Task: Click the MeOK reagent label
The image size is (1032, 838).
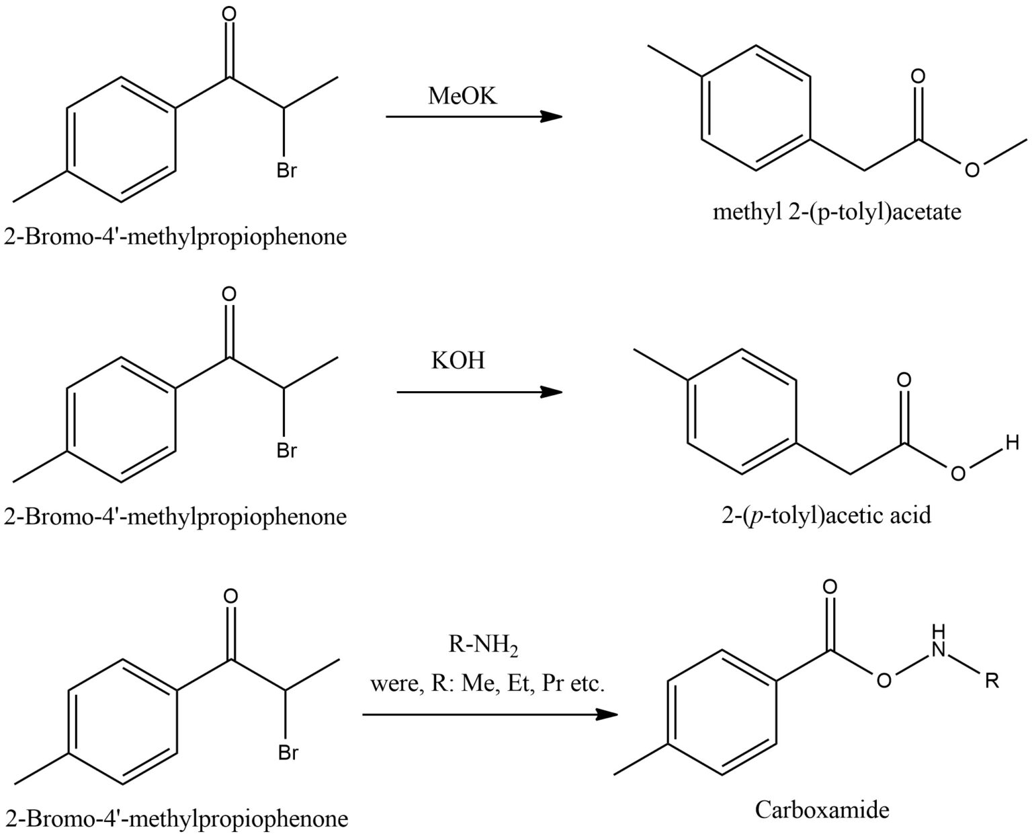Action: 463,96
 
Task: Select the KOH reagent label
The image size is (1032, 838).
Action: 458,360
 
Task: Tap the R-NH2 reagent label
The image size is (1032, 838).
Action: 483,647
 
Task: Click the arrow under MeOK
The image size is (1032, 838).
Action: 473,117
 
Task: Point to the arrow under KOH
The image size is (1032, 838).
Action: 479,392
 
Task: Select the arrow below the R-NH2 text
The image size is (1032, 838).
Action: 490,715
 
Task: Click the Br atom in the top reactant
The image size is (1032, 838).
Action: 286,171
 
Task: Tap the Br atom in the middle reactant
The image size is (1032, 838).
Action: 286,451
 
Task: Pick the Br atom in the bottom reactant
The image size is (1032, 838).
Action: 288,753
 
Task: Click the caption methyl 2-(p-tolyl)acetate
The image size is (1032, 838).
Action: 836,212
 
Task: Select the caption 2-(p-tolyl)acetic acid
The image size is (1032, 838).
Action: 826,515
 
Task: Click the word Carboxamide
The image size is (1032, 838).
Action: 822,809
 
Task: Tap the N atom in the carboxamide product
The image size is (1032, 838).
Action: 939,648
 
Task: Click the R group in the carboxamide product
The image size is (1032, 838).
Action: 992,681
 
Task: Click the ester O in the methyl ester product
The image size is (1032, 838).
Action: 972,170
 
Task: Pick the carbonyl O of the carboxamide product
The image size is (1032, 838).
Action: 831,587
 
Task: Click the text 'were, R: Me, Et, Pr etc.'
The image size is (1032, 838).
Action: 488,684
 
